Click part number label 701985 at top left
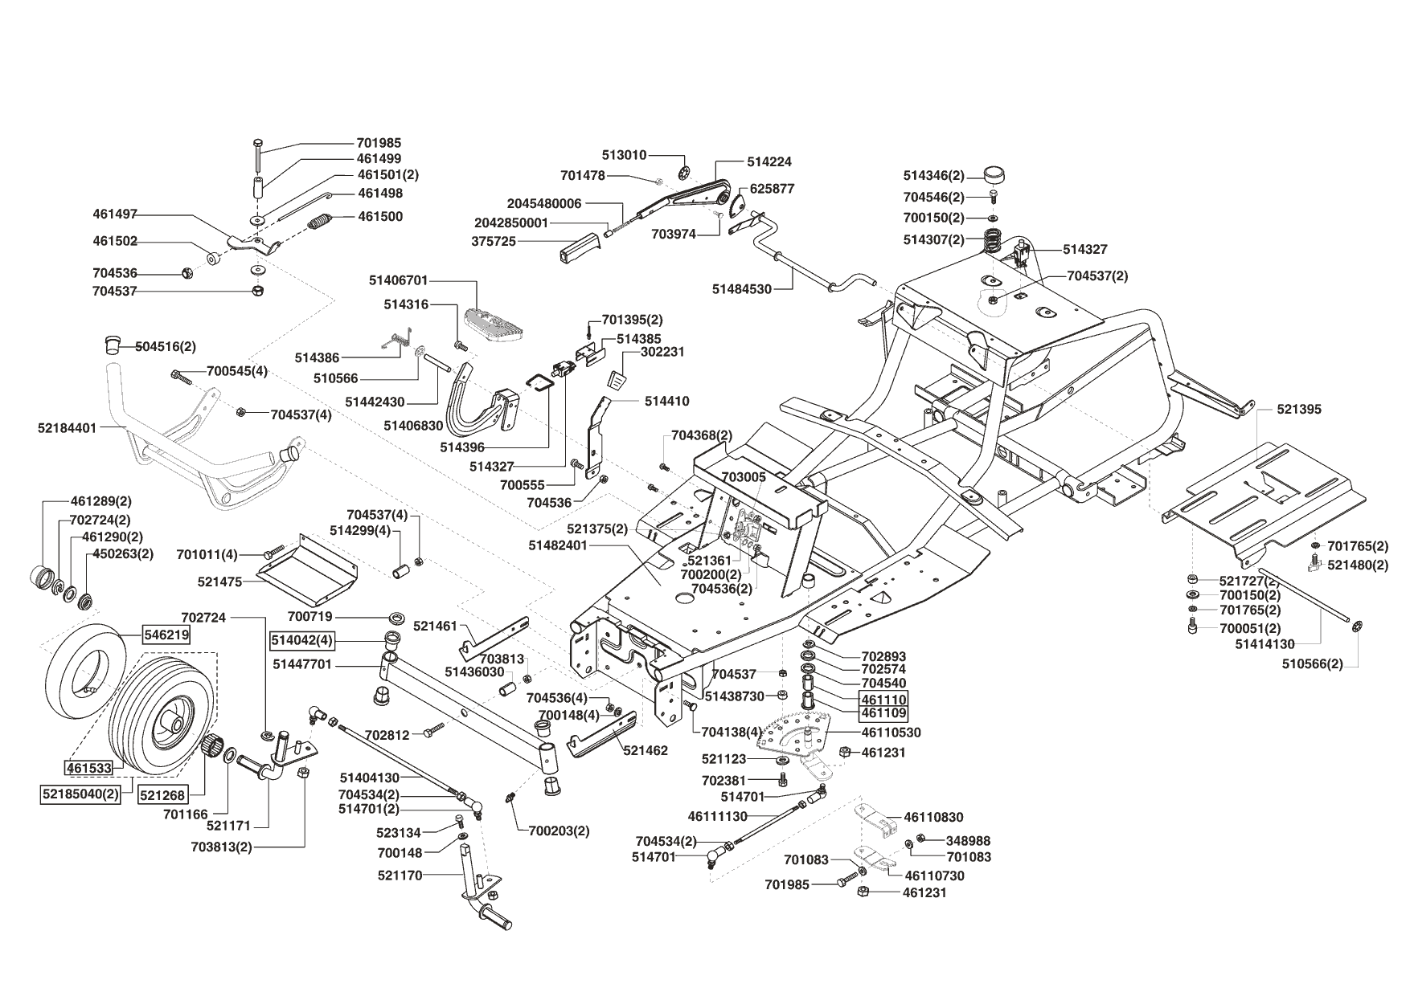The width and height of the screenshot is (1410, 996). pos(379,143)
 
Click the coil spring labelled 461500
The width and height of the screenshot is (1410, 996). pos(320,219)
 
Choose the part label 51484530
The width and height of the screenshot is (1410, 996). pos(741,288)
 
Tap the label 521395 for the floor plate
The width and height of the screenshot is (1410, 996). pos(1299,409)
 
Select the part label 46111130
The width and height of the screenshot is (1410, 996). pos(718,816)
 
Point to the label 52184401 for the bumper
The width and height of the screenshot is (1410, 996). pos(67,428)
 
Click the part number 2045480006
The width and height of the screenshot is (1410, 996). pos(544,203)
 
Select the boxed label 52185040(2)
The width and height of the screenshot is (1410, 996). pos(80,794)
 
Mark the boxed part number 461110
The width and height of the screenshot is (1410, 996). pos(883,699)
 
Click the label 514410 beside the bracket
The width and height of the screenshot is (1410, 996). pos(666,401)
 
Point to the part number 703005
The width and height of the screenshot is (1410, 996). pos(744,476)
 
